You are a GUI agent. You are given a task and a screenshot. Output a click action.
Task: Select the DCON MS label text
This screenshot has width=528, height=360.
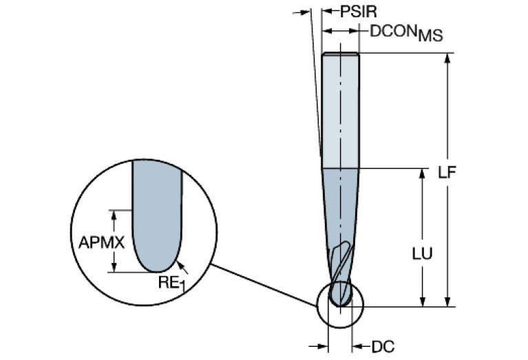[405, 32]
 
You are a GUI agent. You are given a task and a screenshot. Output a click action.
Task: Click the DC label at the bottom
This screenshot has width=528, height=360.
[383, 346]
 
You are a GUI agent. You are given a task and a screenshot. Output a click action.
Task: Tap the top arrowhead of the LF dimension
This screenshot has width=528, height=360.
[449, 59]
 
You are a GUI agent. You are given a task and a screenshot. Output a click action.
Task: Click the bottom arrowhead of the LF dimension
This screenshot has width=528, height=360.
[449, 301]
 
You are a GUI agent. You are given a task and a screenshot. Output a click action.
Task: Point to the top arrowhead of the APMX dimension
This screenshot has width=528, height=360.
[116, 214]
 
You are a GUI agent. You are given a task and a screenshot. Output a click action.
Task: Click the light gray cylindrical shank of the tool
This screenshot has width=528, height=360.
[340, 110]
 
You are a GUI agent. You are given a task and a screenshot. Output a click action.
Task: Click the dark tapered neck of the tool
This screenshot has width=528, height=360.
[340, 207]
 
